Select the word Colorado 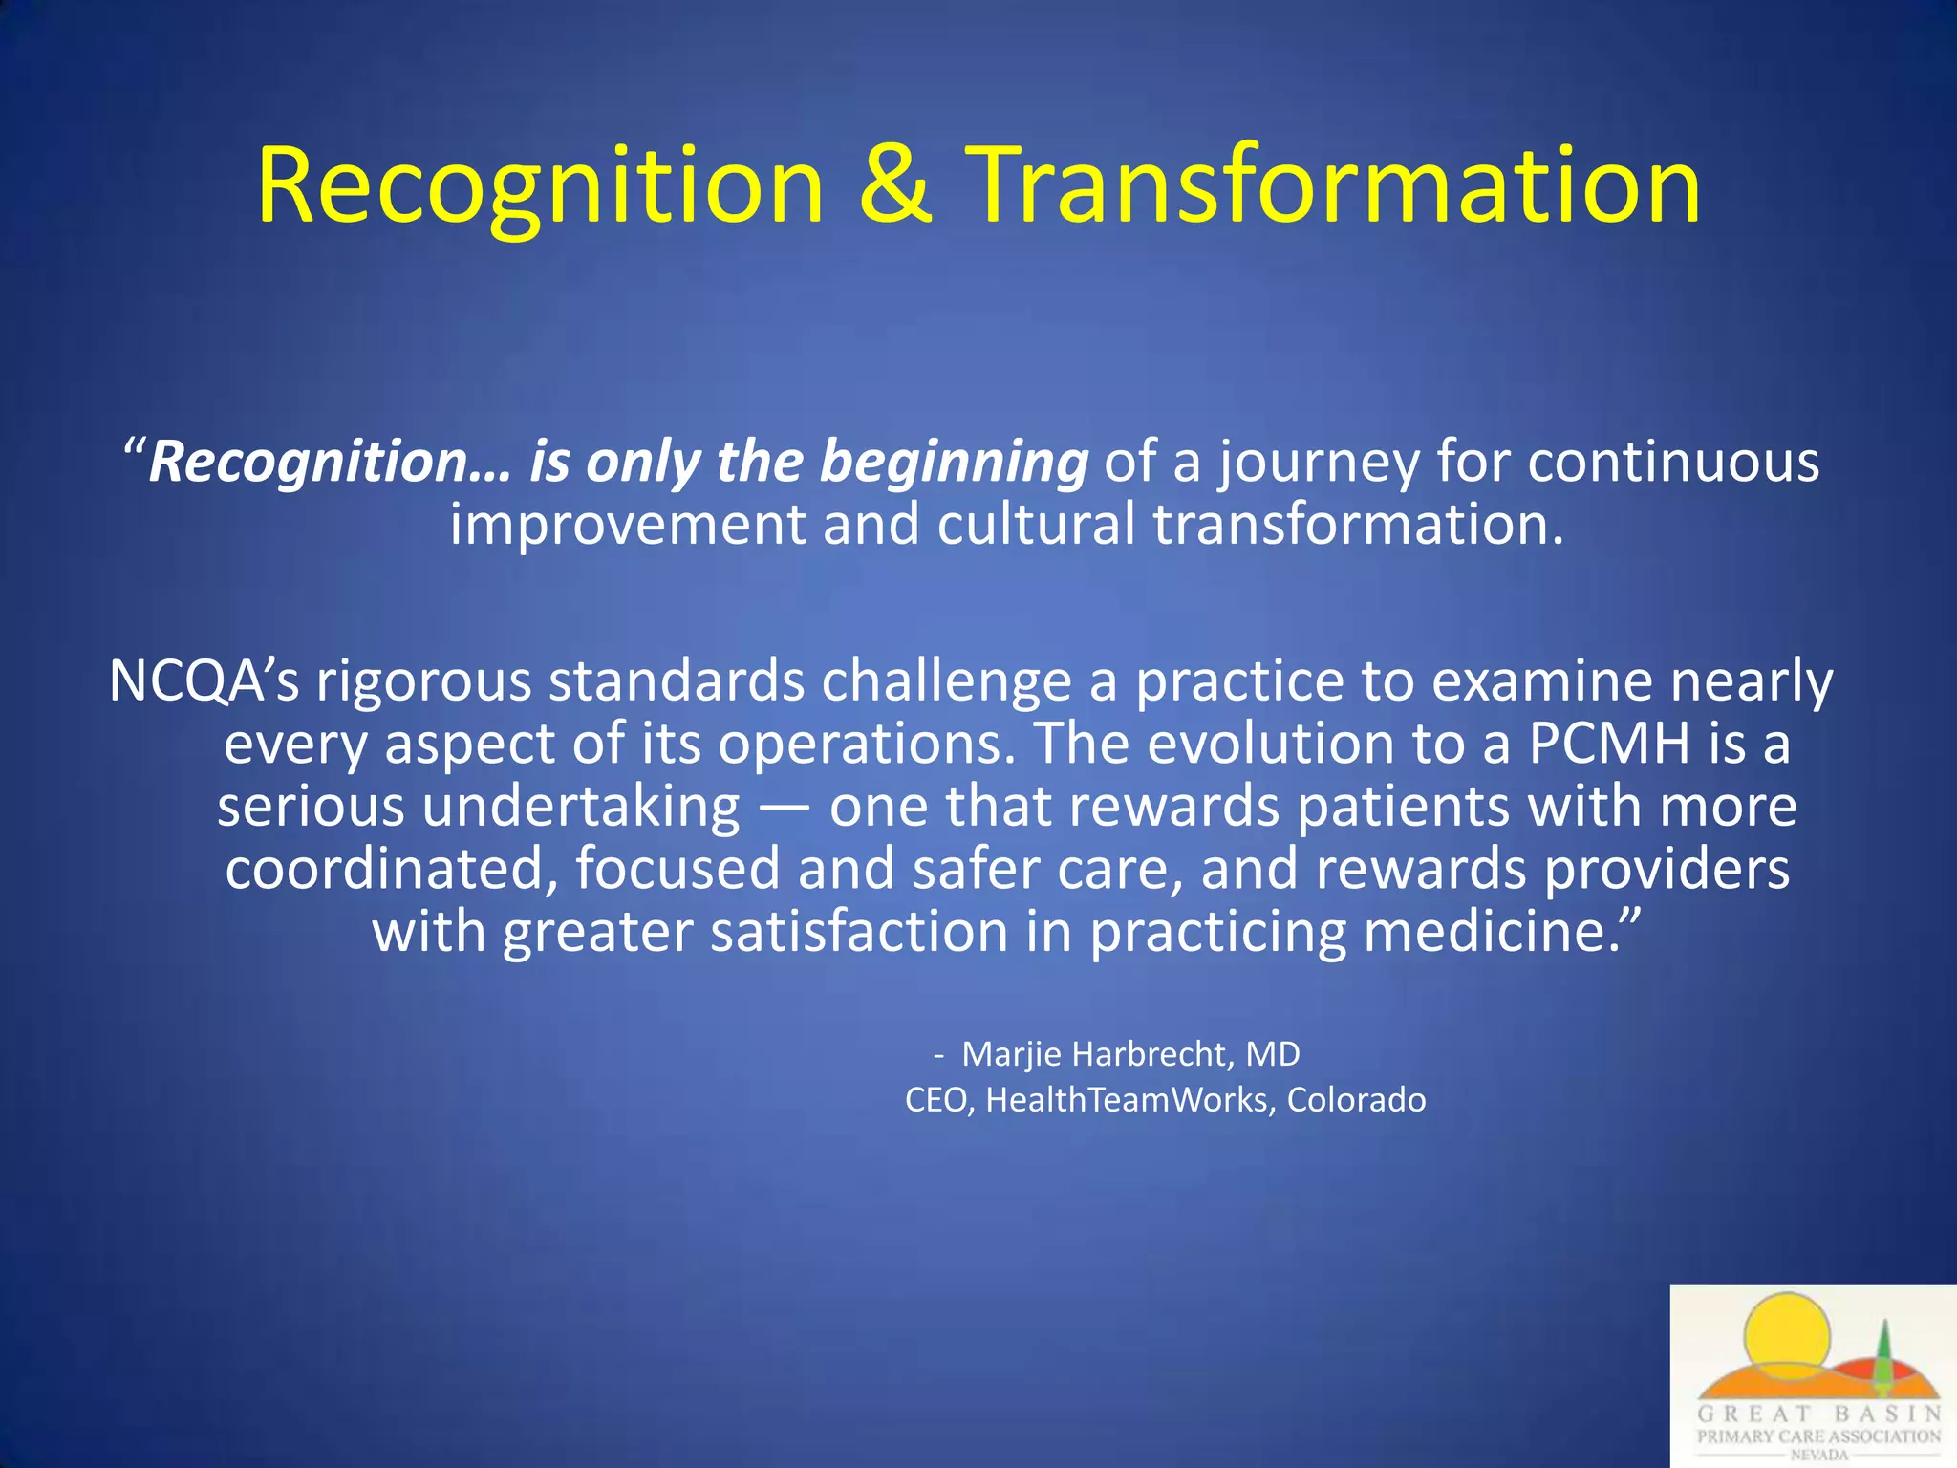tap(1356, 1100)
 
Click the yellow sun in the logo tap(1785, 1333)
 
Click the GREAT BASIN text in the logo tap(1819, 1414)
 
